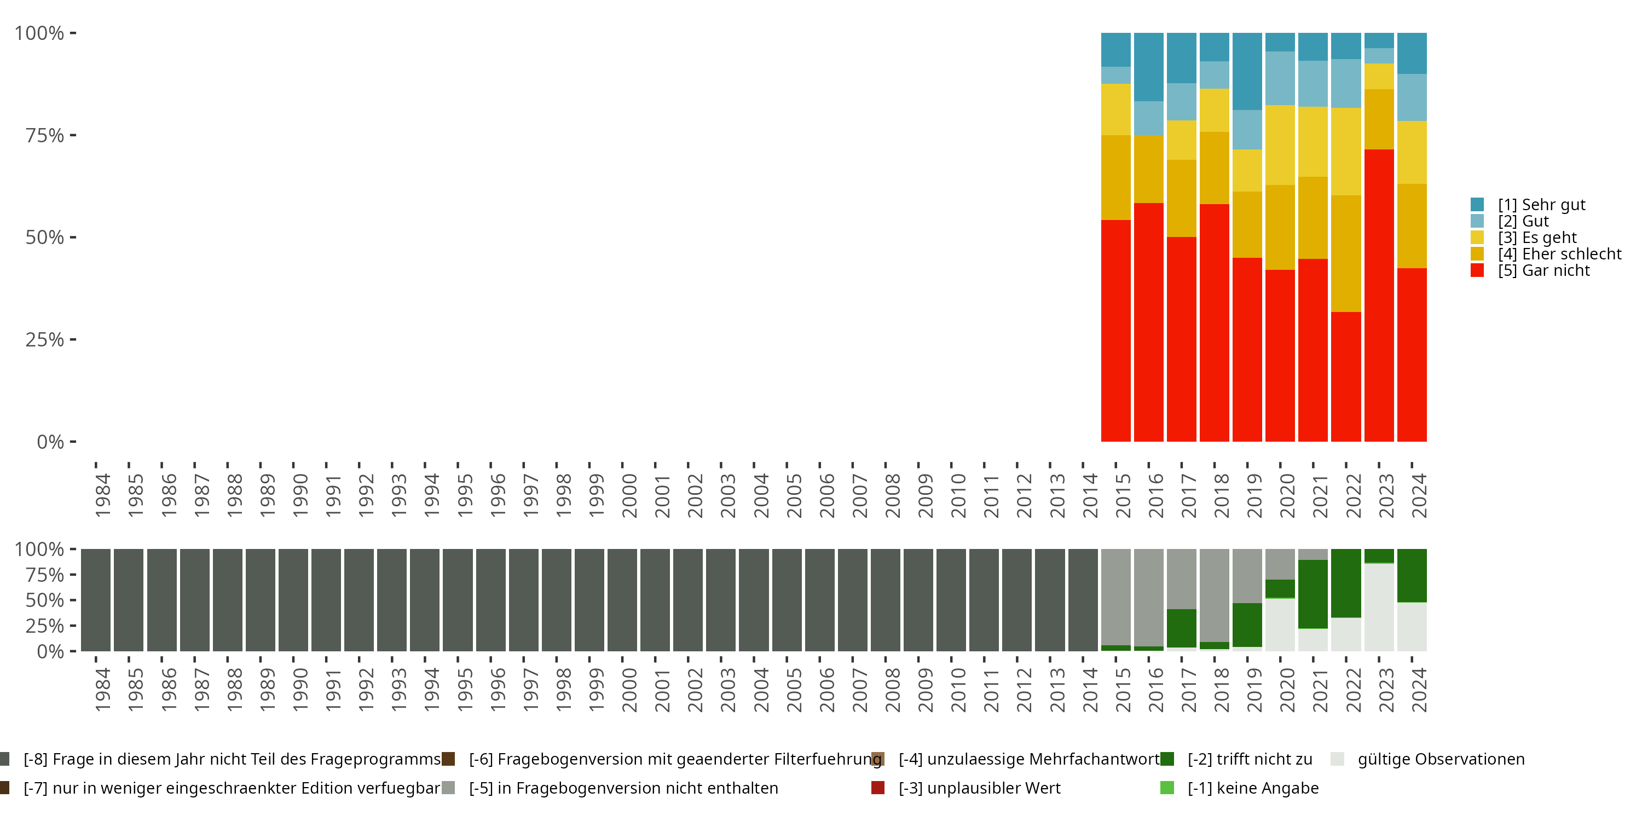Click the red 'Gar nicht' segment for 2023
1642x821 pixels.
[1379, 295]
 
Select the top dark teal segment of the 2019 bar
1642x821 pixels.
[1247, 71]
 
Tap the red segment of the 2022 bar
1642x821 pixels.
[1345, 376]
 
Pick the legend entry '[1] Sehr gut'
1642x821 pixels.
[1541, 205]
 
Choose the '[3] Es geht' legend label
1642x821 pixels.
[1536, 237]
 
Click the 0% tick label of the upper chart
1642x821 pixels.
[50, 442]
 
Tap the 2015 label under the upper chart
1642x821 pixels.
[1123, 495]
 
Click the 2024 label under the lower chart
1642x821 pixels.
[1419, 690]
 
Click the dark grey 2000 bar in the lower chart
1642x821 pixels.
[622, 600]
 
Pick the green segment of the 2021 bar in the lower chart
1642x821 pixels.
[1313, 594]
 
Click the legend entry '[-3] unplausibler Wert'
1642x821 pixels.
[979, 788]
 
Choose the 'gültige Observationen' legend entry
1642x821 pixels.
[1440, 759]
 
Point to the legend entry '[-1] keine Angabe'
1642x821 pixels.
[1252, 788]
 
